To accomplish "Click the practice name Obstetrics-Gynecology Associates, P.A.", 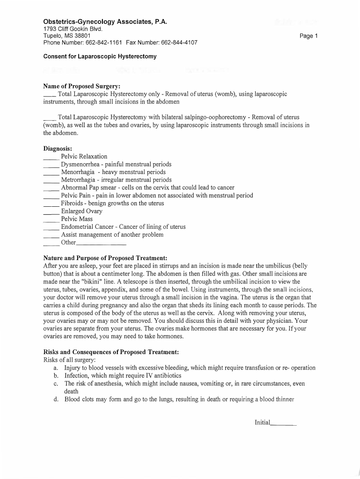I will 105,22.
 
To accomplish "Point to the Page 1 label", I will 309,36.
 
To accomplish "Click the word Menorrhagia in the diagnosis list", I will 78,172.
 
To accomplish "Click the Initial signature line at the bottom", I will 283,424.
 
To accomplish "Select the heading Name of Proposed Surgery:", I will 82,87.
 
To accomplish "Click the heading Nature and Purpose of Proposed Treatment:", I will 105,258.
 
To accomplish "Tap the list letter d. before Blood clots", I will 56,399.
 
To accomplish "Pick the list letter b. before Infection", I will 56,376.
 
